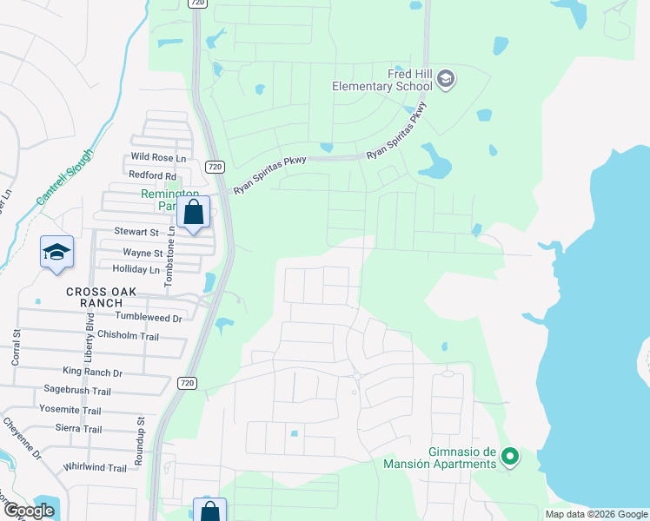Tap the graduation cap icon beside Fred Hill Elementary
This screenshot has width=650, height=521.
click(x=446, y=80)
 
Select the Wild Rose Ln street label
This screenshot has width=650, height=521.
click(x=158, y=158)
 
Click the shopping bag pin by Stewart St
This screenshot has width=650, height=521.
click(x=193, y=212)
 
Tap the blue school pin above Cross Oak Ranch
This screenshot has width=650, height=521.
click(x=57, y=253)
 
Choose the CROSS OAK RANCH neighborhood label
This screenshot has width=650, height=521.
click(x=102, y=298)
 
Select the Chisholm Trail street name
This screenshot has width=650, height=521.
click(x=129, y=336)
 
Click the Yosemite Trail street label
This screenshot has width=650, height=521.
click(x=70, y=411)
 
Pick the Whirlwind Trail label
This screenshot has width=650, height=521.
click(x=95, y=468)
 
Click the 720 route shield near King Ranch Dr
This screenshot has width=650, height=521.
click(x=187, y=382)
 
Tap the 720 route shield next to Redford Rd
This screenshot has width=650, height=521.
click(x=216, y=166)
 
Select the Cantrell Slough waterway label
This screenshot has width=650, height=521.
click(x=69, y=175)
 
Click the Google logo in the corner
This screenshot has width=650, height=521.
click(x=29, y=511)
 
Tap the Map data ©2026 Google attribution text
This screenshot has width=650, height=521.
click(x=595, y=514)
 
